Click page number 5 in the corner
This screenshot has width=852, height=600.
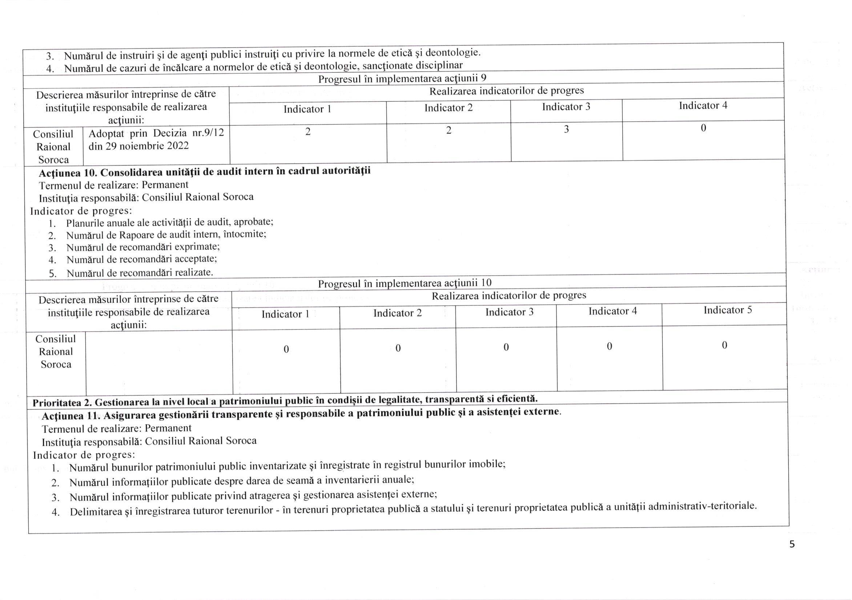(x=792, y=544)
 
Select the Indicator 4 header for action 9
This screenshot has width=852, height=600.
(x=703, y=106)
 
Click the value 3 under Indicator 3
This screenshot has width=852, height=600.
(x=566, y=129)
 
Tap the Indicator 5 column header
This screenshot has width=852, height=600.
(x=728, y=310)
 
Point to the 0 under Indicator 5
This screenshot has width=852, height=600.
(x=724, y=346)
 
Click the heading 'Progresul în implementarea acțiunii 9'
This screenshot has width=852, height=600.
(x=402, y=78)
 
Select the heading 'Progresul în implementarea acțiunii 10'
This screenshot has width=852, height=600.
(x=405, y=283)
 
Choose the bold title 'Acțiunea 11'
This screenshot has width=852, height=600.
(x=71, y=416)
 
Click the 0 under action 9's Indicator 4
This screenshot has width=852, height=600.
(x=703, y=128)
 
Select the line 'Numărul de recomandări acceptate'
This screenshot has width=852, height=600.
(x=141, y=259)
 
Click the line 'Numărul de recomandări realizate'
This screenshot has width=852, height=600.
(x=140, y=273)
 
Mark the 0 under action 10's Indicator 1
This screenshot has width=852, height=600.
(x=286, y=349)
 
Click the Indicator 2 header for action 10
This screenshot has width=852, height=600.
(x=397, y=313)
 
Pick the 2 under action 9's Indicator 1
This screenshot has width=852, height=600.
(x=308, y=131)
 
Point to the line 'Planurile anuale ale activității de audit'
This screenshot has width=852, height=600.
(x=170, y=223)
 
